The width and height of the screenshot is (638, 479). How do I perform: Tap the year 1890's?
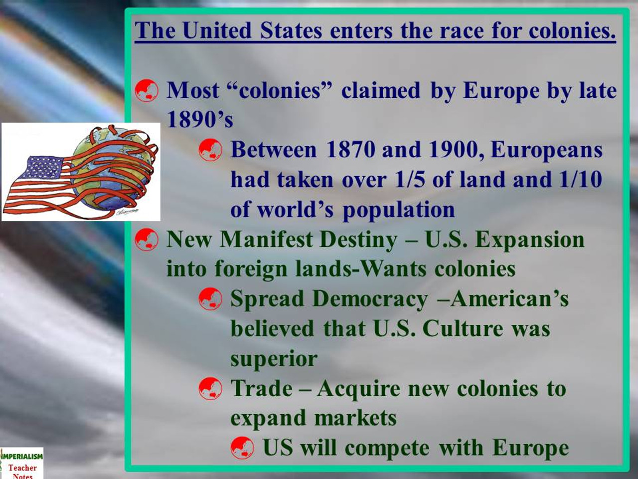pos(199,120)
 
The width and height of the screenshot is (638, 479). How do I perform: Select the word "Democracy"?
pos(370,299)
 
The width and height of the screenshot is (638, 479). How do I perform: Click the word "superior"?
pos(274,359)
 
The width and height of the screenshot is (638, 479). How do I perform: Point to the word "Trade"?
pos(261,389)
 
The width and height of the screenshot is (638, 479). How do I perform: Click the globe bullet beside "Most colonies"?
pos(147,91)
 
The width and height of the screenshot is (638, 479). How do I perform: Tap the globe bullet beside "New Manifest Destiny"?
pos(147,240)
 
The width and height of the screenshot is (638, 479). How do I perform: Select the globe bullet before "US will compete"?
pos(242,448)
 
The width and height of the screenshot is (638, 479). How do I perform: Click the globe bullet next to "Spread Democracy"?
pos(210,299)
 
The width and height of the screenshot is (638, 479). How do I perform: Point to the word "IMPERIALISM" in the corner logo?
pos(22,456)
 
